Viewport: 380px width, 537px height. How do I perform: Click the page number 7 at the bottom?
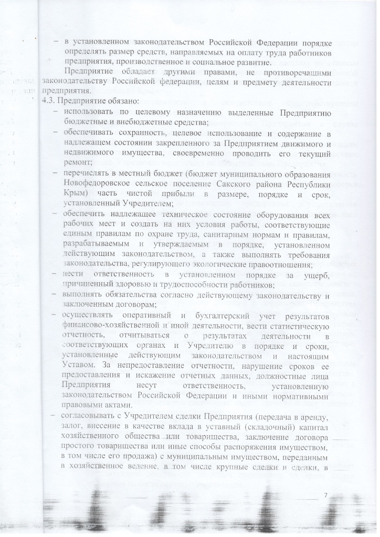point(325,495)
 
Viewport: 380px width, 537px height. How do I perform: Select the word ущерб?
point(315,275)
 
